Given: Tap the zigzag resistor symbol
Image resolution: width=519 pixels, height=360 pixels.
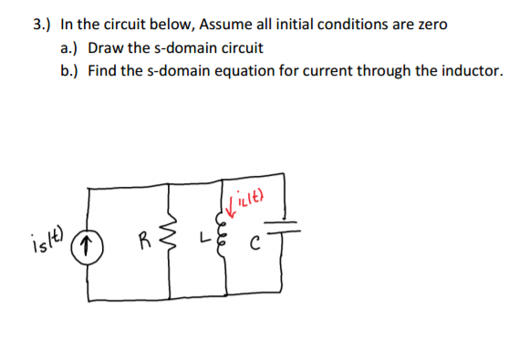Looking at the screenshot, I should pyautogui.click(x=171, y=242).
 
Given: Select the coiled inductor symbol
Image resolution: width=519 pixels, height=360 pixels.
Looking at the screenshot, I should pyautogui.click(x=222, y=242).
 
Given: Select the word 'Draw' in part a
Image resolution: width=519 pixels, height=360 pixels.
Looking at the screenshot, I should pyautogui.click(x=105, y=47).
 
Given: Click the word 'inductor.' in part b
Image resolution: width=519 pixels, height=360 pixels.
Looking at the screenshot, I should pyautogui.click(x=464, y=70).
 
